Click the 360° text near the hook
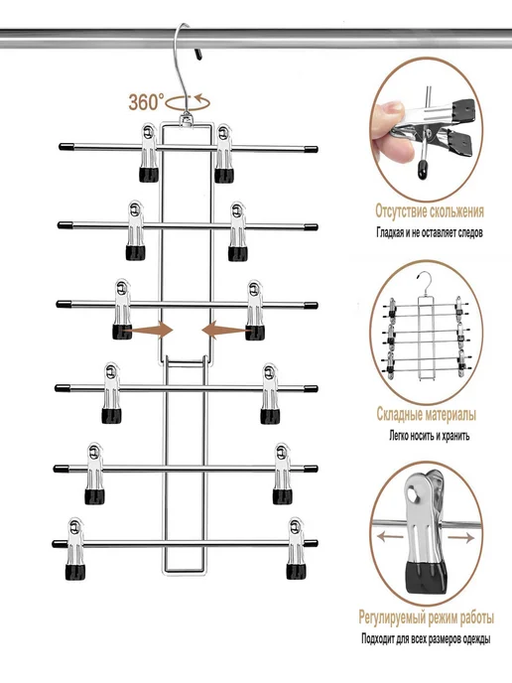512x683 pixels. pos(146,102)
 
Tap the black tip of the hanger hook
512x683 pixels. pos(198,55)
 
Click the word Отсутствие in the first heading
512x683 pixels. pos(401,211)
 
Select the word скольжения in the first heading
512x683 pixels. pos(456,211)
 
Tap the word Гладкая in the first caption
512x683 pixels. pos(390,232)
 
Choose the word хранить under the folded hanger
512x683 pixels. pos(455,436)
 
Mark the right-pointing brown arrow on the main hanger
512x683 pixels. pos(148,331)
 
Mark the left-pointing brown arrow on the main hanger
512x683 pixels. pos(226,331)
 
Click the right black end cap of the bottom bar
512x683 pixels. pos(311,544)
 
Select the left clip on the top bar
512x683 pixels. pos(149,152)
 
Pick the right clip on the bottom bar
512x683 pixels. pos(296,548)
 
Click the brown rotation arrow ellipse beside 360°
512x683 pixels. pos(189,103)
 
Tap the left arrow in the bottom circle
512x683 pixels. pos(390,537)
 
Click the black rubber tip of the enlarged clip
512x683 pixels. pos(426,578)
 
